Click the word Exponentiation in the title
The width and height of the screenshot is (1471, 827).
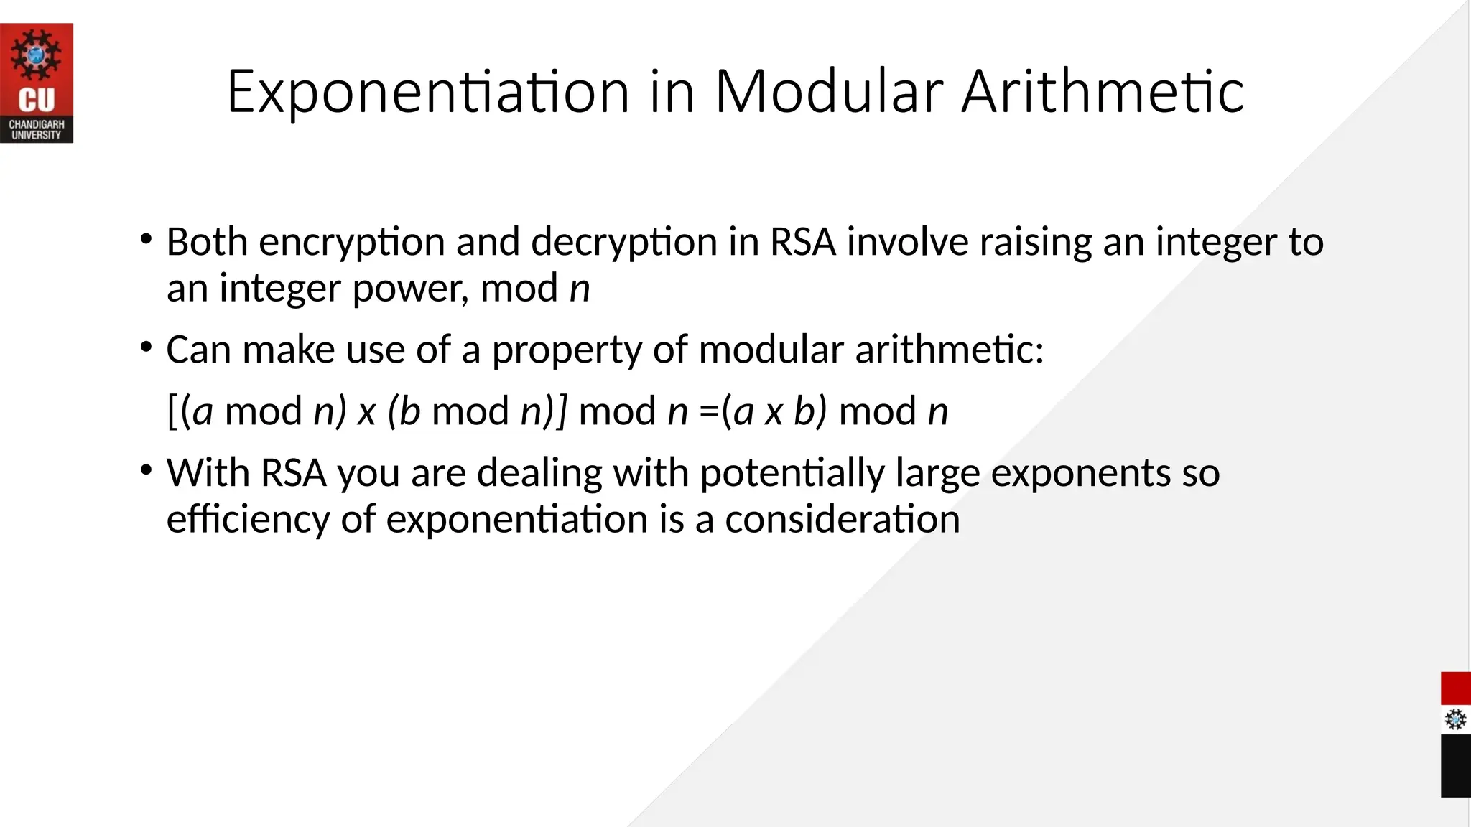tap(428, 92)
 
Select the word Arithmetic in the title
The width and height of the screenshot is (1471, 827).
tap(1102, 92)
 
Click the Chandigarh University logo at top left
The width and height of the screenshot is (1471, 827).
tap(37, 83)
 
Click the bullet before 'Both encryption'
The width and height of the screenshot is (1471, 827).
tap(147, 238)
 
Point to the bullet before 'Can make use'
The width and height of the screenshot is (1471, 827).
tap(147, 347)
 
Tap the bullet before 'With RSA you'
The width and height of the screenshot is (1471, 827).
tap(147, 470)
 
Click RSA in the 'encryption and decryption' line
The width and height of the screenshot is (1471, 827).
tap(802, 241)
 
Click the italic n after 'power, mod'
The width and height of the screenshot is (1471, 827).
tap(580, 289)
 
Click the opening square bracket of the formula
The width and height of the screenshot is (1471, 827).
tap(172, 411)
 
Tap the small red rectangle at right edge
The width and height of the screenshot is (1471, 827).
tap(1455, 688)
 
